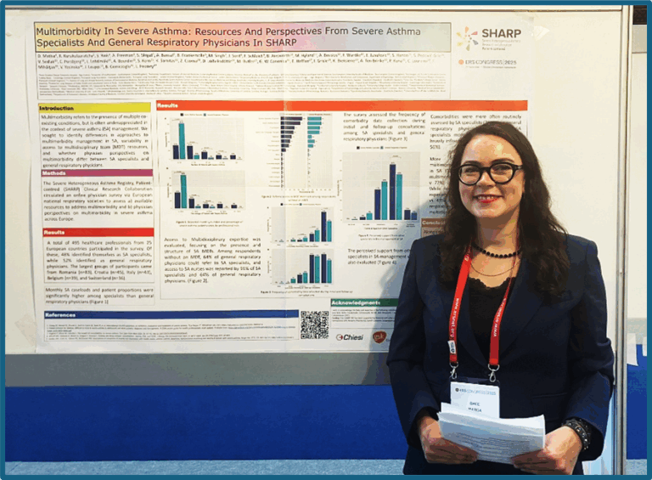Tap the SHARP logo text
(501, 34)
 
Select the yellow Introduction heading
(57, 108)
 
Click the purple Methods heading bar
(83, 172)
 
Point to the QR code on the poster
(313, 325)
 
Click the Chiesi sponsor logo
(350, 336)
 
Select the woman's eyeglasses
(490, 173)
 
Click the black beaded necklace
(495, 253)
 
